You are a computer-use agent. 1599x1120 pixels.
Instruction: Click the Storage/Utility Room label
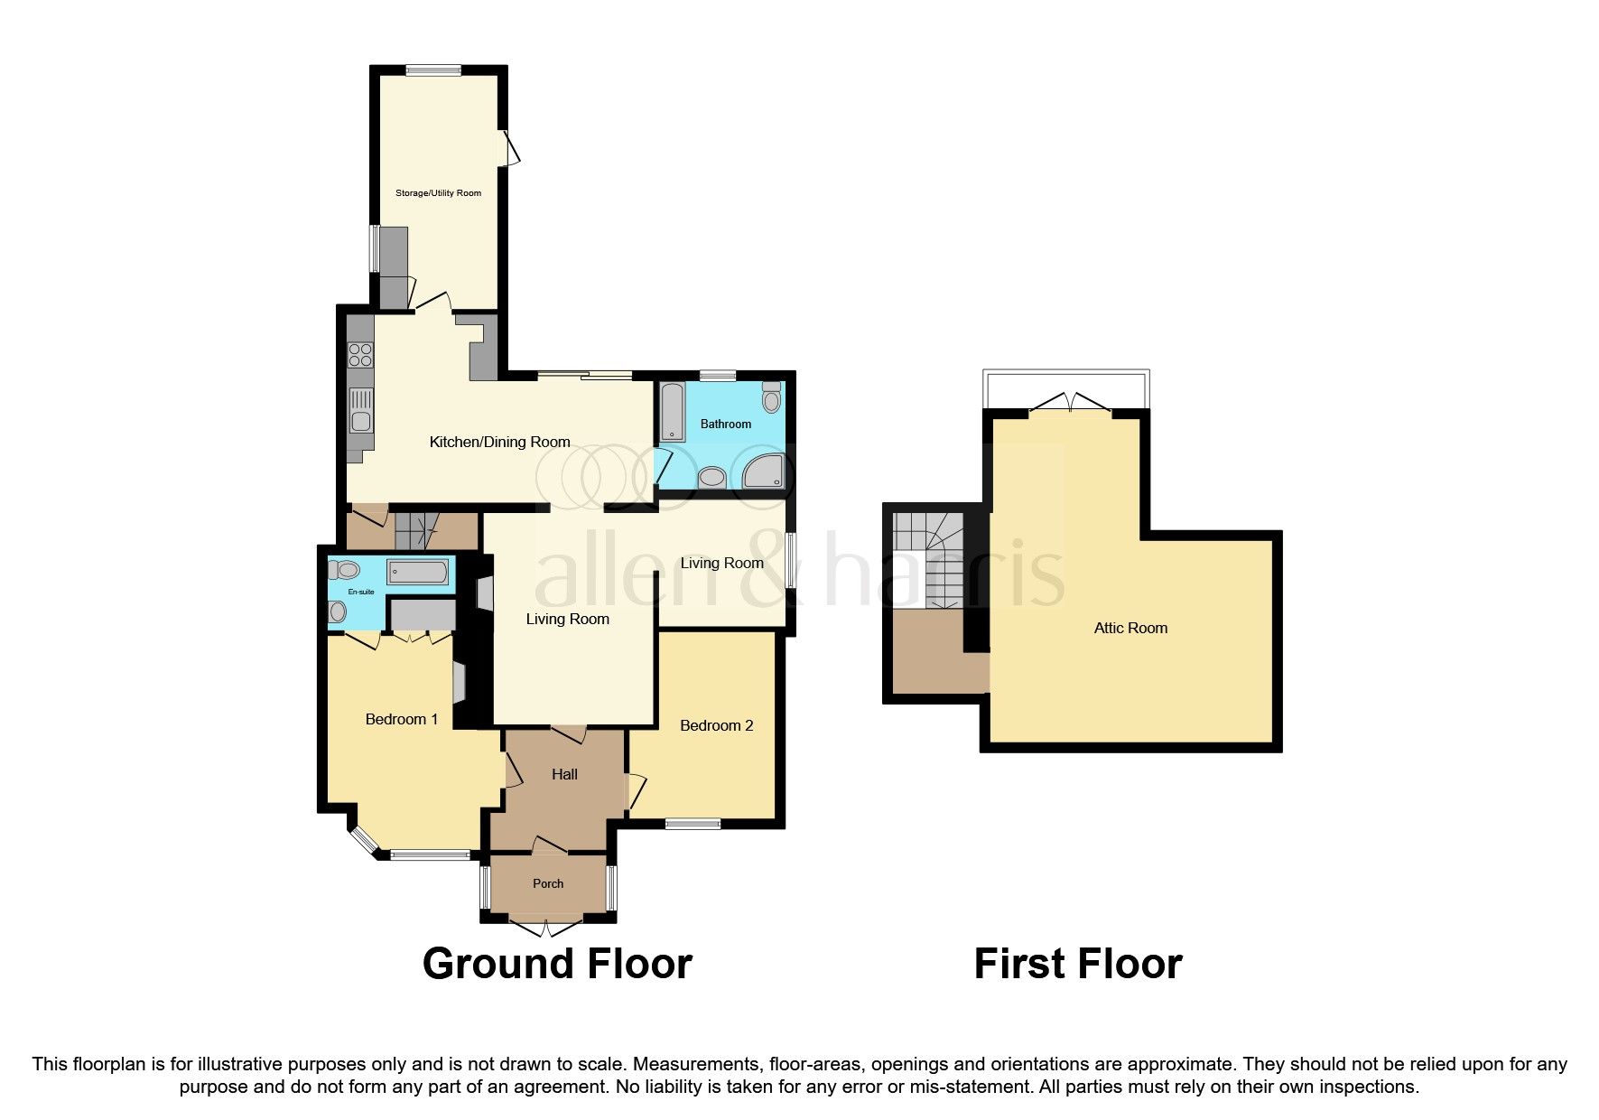[x=438, y=192]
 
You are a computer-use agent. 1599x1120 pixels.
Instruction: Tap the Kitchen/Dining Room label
[x=499, y=442]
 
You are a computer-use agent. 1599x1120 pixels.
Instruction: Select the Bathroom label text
[x=726, y=424]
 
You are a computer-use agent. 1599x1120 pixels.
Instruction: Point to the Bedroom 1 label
[x=402, y=719]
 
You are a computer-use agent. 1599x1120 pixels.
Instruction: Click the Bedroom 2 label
[x=716, y=725]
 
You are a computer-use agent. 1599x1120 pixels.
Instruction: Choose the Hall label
[x=564, y=774]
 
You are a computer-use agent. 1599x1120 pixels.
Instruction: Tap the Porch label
[x=548, y=883]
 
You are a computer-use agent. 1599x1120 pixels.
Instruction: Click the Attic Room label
[x=1130, y=628]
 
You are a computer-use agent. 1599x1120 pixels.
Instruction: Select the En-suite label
[x=361, y=592]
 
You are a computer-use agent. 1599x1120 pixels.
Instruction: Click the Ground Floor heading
[x=557, y=964]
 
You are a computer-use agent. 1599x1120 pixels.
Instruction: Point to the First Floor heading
[x=1078, y=964]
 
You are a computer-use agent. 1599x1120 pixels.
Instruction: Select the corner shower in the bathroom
[x=764, y=471]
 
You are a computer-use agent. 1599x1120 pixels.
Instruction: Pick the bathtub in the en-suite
[x=417, y=572]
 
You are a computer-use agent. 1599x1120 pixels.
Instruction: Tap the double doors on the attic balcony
[x=1071, y=403]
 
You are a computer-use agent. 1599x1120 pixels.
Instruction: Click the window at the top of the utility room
[x=433, y=70]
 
